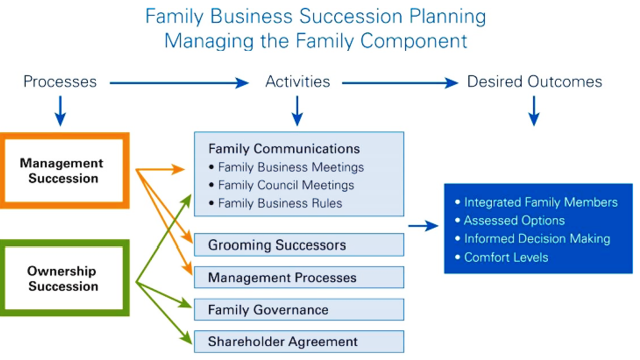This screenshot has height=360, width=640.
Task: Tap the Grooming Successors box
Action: coord(298,245)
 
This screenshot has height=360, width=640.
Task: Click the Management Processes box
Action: coord(298,277)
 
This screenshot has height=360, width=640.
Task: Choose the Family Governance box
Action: coord(298,310)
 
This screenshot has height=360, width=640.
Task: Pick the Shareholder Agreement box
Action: coord(298,342)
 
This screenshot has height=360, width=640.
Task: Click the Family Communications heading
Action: coord(284,148)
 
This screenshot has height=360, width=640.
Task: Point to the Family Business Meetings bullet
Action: coord(290,167)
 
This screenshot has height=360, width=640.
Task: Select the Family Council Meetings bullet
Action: coord(285,185)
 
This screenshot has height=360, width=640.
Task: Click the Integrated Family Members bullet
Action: coord(540,202)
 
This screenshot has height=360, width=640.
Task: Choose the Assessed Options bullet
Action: coord(514,220)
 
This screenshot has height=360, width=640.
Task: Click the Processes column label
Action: coord(60,81)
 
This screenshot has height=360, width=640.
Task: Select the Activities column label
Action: coord(297,81)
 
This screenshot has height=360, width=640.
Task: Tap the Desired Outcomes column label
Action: coord(534,81)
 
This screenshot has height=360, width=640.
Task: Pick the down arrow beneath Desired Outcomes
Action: coord(534,111)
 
